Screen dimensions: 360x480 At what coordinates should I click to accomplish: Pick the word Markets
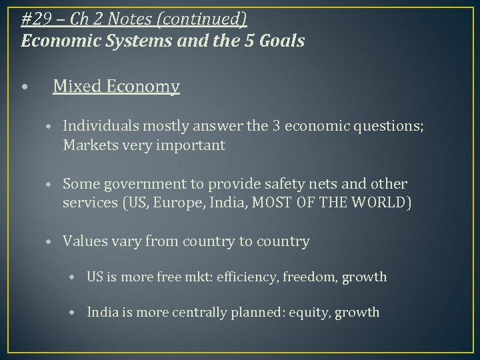(89, 145)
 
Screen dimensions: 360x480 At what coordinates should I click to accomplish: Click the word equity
(311, 311)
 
